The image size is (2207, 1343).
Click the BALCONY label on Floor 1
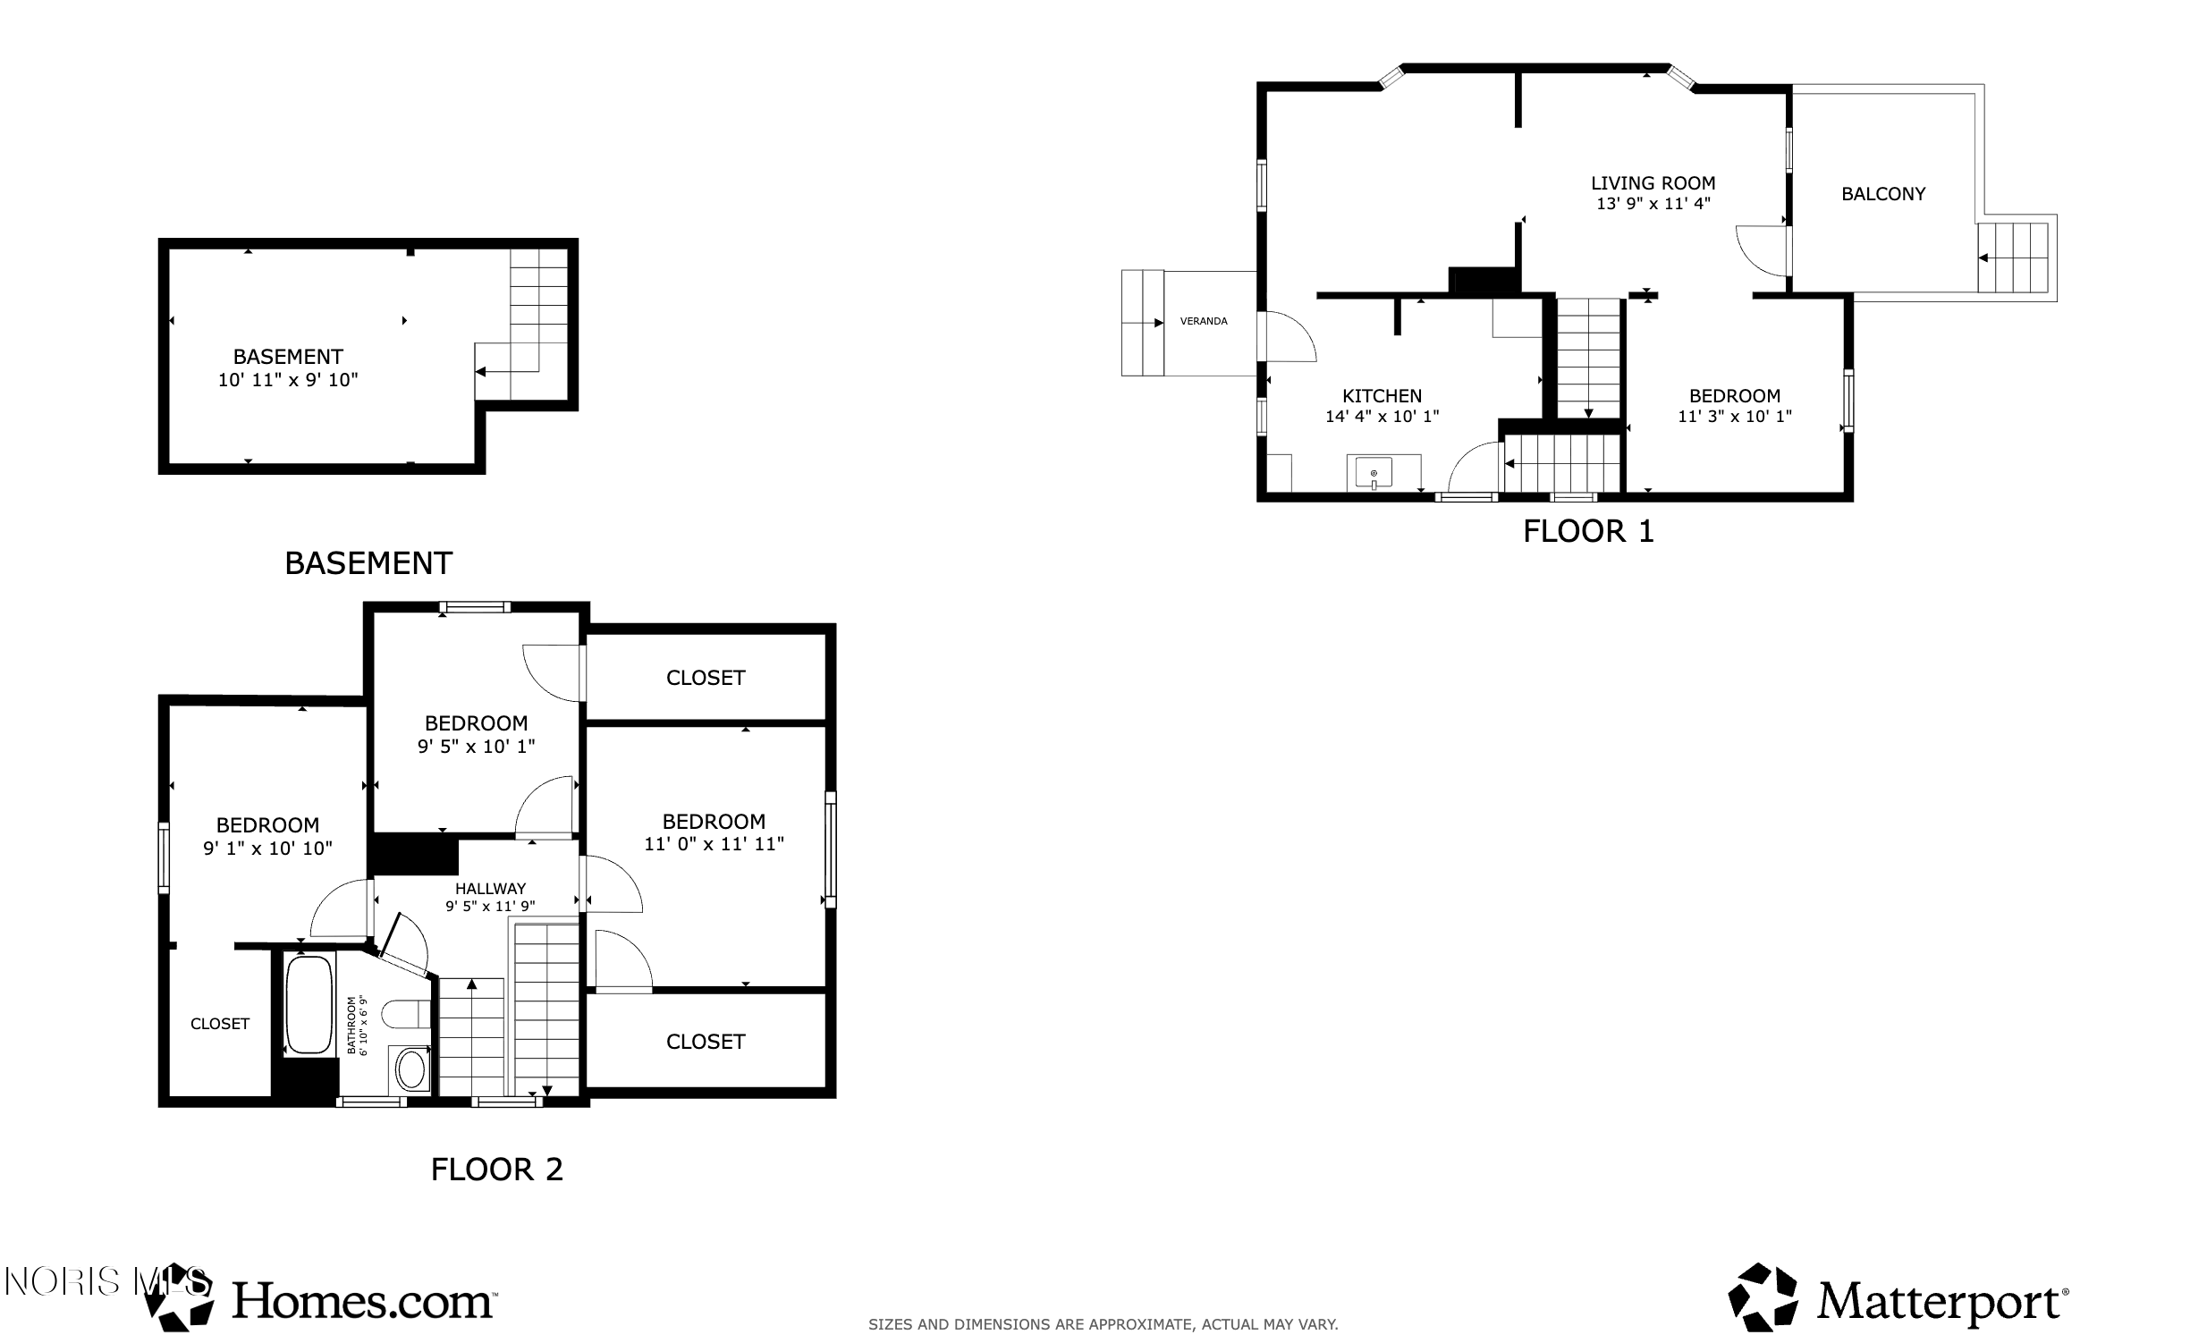click(1882, 194)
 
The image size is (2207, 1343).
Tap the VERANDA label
click(1203, 321)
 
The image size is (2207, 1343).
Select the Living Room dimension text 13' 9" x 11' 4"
click(1653, 204)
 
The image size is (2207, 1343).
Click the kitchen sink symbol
click(1373, 472)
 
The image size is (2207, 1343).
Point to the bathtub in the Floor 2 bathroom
click(309, 1004)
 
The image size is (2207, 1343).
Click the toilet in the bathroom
click(406, 1015)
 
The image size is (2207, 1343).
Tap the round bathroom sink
click(411, 1069)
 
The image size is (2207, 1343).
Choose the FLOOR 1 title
click(1588, 532)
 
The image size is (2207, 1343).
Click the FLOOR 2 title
click(496, 1170)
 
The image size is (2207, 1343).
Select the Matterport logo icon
click(1762, 1297)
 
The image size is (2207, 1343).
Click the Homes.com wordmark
click(363, 1301)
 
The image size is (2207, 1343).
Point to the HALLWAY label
click(490, 889)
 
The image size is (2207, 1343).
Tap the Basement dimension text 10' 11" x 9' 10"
click(288, 380)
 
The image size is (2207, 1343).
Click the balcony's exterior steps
click(2013, 258)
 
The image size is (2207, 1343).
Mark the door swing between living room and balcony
click(1762, 250)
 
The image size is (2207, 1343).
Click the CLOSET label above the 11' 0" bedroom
click(705, 678)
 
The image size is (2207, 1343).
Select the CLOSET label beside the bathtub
click(219, 1025)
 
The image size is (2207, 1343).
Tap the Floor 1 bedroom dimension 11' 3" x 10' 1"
click(1734, 417)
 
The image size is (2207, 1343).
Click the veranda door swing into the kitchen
click(1287, 336)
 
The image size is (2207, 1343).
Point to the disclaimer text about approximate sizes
click(1103, 1324)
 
